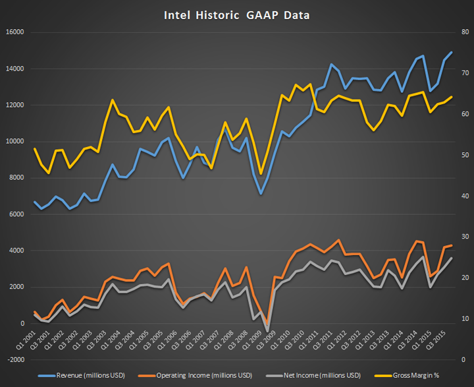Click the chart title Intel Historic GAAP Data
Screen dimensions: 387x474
(237, 14)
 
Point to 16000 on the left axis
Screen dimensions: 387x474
(14, 32)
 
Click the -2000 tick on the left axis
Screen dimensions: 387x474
(14, 360)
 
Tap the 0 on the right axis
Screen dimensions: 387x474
(463, 360)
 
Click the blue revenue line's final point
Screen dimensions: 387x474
(451, 52)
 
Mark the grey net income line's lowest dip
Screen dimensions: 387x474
(268, 330)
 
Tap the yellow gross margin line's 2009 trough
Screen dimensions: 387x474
(261, 174)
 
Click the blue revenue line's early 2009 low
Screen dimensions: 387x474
(261, 194)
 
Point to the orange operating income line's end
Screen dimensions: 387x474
(451, 245)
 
